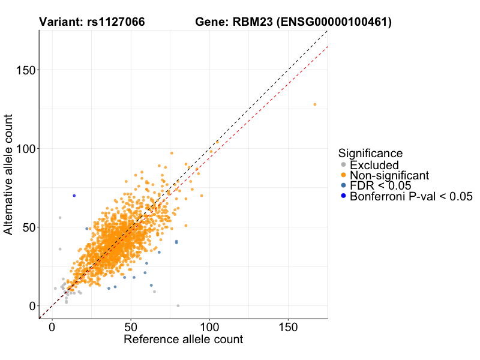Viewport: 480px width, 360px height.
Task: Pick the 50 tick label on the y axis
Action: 28,227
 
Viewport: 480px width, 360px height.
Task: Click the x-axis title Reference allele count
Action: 183,340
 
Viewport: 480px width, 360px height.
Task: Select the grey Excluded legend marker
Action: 343,165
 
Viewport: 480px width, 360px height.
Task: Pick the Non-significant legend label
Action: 389,175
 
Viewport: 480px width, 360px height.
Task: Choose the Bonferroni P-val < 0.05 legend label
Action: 412,196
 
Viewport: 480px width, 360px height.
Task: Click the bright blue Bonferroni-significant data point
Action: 74,196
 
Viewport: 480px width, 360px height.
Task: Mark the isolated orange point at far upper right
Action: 314,104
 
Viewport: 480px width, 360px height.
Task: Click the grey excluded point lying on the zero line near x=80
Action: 178,306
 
